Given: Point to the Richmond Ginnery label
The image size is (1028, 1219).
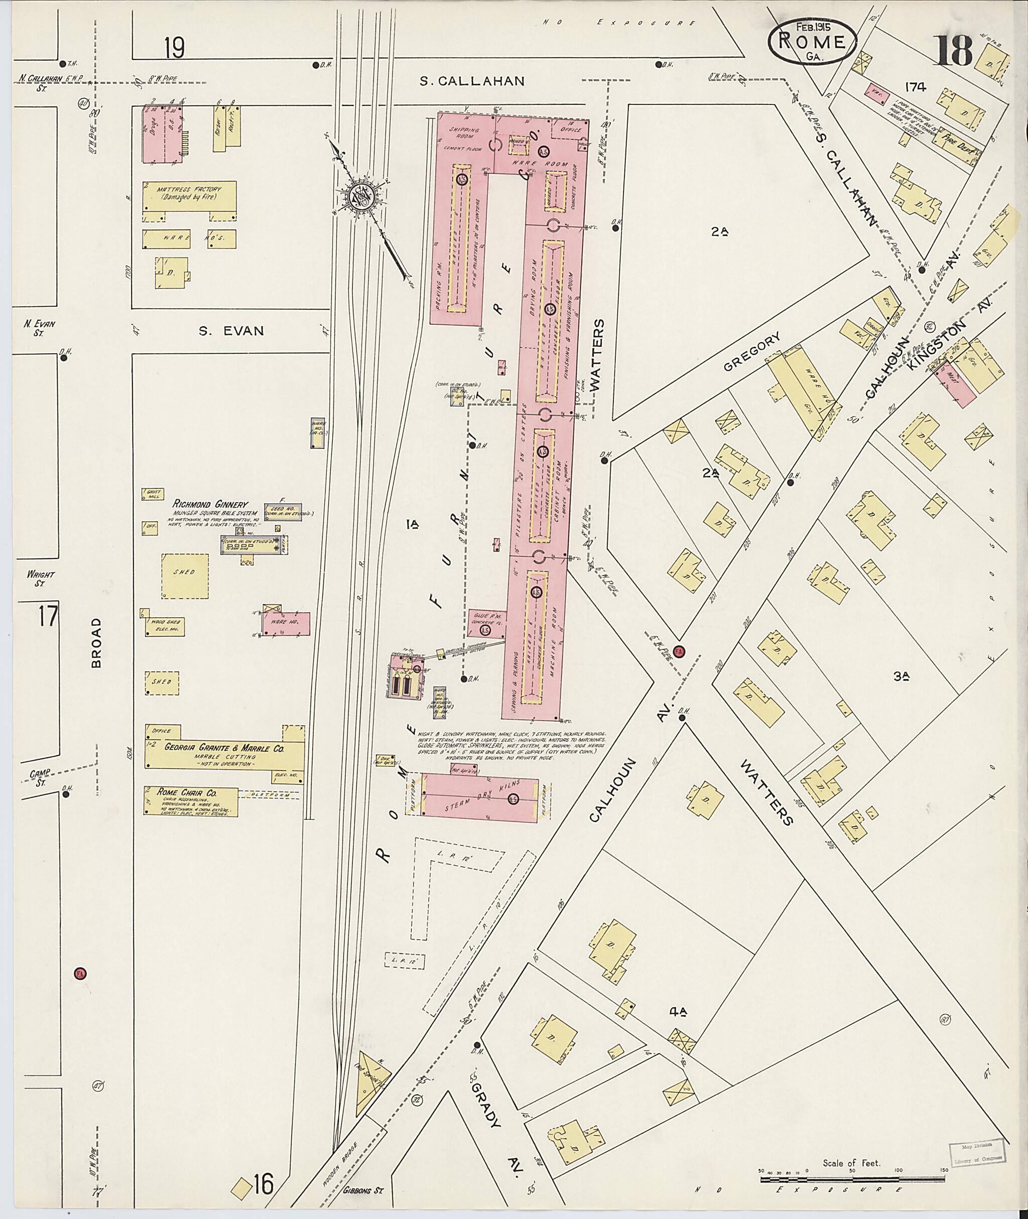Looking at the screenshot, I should (210, 504).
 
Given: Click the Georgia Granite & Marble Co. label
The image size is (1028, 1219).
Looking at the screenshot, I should (224, 750).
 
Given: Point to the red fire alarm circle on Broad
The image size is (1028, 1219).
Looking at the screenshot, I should (80, 973).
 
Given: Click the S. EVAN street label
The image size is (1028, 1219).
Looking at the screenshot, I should (231, 331).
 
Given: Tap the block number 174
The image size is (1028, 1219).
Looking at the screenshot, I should (916, 87).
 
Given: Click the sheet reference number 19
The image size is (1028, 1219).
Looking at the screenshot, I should (174, 48).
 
